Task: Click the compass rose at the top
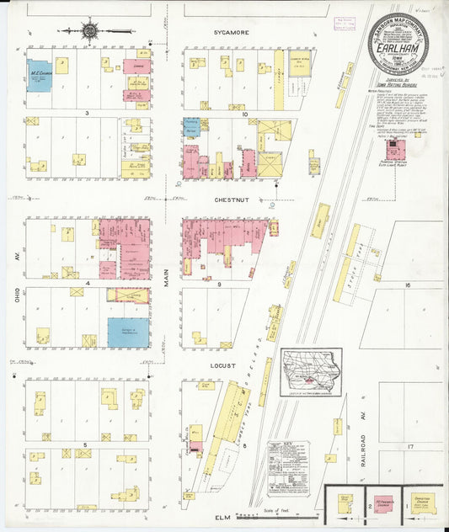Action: [x=89, y=31]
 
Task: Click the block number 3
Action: [x=86, y=112]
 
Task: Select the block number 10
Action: [x=243, y=113]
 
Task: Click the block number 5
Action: [x=86, y=444]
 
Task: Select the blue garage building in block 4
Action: [x=128, y=332]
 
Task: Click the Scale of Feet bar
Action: [x=270, y=514]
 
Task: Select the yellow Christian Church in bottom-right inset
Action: [x=426, y=503]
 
